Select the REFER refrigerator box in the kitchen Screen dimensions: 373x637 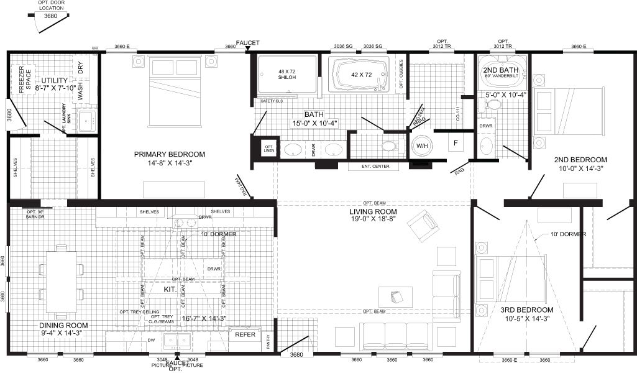pyautogui.click(x=245, y=334)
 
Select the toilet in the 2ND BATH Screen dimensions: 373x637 pyautogui.click(x=495, y=104)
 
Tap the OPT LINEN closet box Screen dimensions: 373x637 pyautogui.click(x=269, y=149)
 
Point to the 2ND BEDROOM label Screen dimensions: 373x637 pyautogui.click(x=580, y=159)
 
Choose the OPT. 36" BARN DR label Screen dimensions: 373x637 pyautogui.click(x=33, y=214)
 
